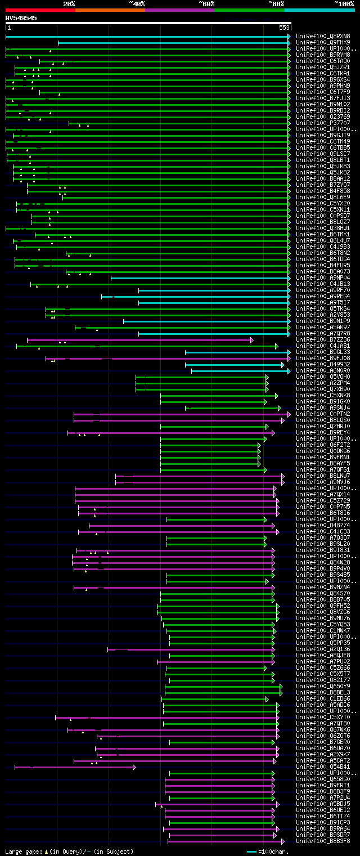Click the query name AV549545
21,18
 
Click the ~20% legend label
69,4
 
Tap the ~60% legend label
206,4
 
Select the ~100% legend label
344,4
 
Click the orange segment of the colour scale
110,10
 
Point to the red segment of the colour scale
40,10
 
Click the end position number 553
284,28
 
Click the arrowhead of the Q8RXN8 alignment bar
289,36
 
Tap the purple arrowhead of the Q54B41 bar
134,767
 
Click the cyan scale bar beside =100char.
251,851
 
